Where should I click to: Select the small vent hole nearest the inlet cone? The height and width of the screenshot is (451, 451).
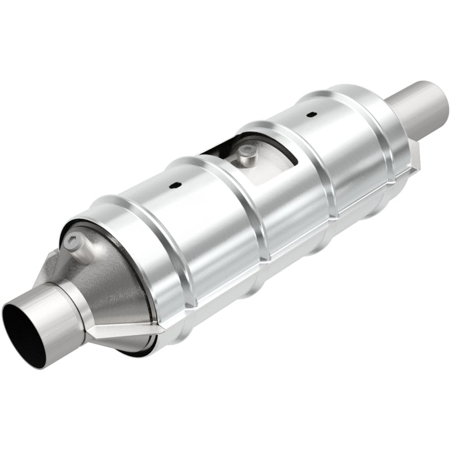[176, 186]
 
